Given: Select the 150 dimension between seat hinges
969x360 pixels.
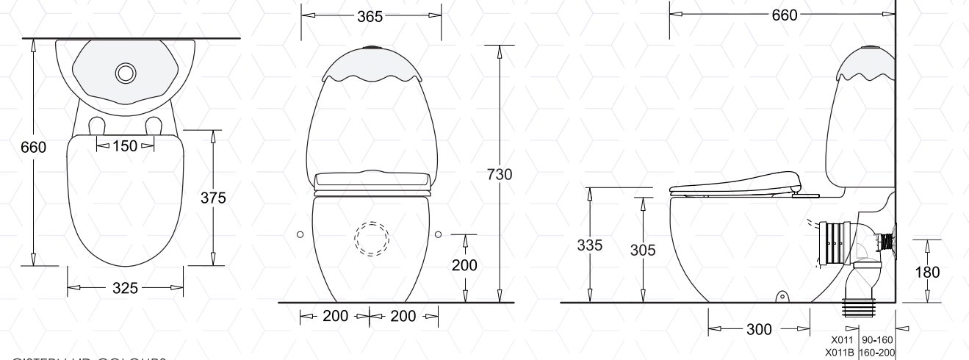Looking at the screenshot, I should click(x=126, y=145).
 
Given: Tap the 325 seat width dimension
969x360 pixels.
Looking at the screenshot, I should click(x=126, y=289).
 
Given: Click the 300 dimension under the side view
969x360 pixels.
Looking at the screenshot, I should click(x=758, y=330).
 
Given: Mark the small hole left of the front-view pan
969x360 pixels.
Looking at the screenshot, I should click(x=300, y=234).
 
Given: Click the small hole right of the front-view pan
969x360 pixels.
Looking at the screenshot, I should click(x=439, y=234).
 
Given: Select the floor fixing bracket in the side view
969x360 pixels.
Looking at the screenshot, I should click(x=782, y=298).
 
